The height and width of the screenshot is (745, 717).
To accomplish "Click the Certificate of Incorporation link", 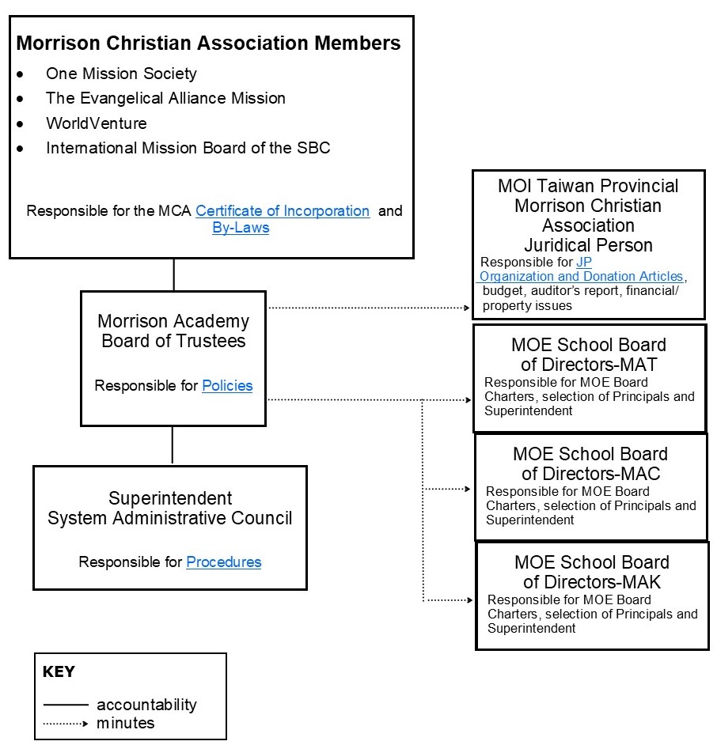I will point(283,211).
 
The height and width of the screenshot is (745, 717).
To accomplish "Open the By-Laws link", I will point(241,228).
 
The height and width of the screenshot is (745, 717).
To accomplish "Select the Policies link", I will point(227,386).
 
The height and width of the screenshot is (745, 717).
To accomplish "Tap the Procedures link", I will point(223,562).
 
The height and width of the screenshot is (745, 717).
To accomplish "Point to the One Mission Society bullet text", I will point(121,74).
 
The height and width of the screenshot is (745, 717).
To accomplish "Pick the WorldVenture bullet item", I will point(96,123).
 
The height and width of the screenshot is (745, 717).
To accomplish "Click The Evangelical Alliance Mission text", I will point(165,98).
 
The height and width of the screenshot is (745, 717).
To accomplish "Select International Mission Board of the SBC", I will point(188,148).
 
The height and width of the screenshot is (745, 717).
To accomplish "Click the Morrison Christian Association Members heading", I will point(208,43).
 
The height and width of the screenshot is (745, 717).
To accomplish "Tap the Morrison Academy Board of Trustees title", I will point(173,331).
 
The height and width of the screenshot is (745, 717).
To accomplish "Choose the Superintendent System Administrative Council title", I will point(170,509).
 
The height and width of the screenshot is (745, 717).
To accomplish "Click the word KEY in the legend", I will point(59,672).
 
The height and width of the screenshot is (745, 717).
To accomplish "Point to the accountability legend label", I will point(146,705).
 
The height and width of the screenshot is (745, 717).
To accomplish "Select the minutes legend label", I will point(126,723).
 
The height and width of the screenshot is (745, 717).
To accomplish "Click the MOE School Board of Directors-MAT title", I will point(589,355).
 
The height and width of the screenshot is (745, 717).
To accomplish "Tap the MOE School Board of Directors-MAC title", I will point(590,464).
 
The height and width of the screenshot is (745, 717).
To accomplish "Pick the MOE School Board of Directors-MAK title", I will point(592,573).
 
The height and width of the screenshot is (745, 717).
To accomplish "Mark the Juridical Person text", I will point(588,245).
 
